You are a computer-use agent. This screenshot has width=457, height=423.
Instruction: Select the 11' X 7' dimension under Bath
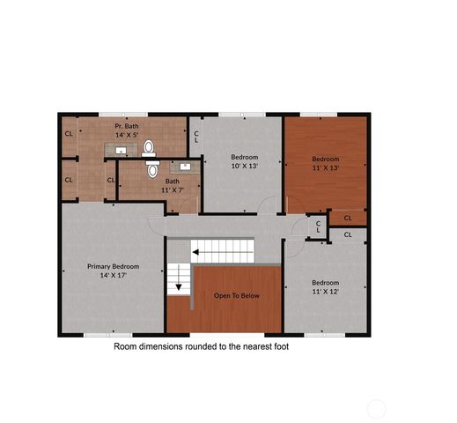[x=171, y=189]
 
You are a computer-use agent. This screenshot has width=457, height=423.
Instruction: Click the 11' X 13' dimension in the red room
[x=326, y=167]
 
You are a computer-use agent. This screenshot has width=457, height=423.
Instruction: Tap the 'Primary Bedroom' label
[x=113, y=266]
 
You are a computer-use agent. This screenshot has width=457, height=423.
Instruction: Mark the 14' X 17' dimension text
[x=113, y=276]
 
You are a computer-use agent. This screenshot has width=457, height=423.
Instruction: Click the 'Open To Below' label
[x=237, y=295]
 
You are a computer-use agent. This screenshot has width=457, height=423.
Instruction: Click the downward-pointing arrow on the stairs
[x=179, y=285]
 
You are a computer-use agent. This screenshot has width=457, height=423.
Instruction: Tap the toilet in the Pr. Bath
[x=149, y=146]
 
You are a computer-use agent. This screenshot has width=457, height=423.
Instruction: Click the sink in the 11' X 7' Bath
[x=186, y=165]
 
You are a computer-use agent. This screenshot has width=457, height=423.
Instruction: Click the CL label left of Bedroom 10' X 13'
[x=196, y=137]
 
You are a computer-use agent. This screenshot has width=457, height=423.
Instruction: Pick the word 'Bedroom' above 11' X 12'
[x=326, y=283]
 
